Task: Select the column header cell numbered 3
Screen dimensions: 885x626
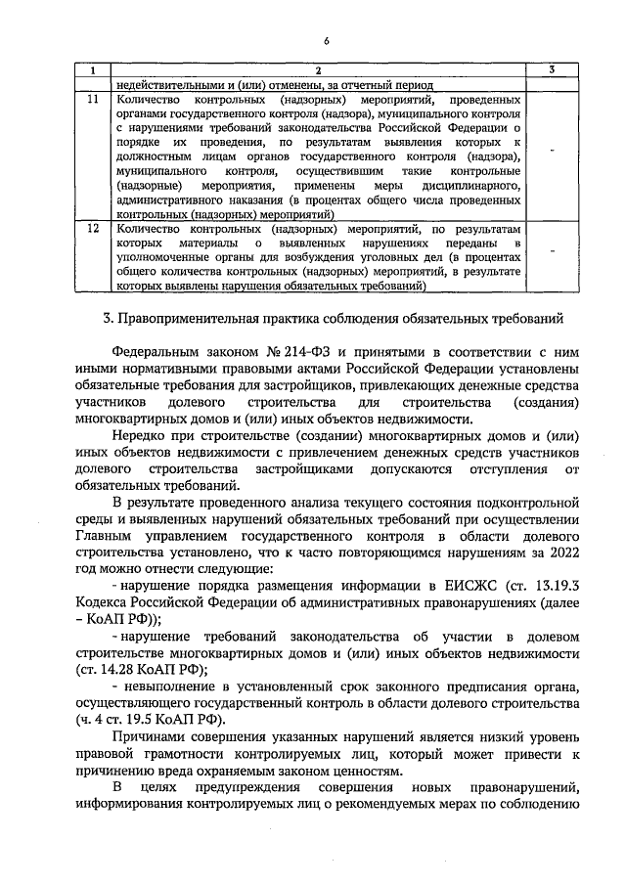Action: [553, 70]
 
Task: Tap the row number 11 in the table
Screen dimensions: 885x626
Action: [92, 100]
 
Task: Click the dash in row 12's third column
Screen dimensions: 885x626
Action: [553, 251]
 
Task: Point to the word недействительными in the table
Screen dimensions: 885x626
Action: [168, 84]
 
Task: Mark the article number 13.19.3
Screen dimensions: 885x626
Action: [550, 586]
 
